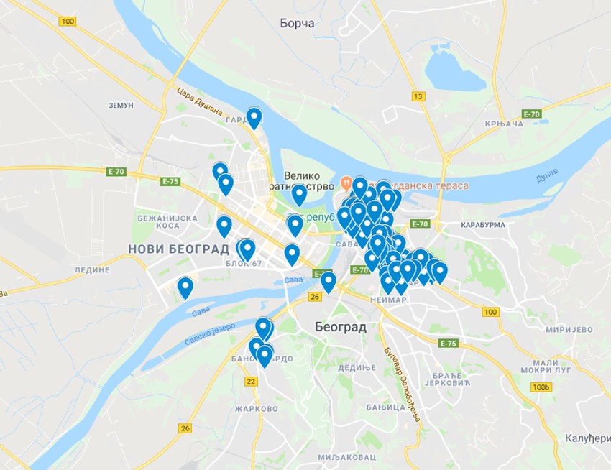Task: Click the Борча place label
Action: (x=297, y=24)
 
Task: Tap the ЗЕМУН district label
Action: (x=121, y=105)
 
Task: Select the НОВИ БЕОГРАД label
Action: (x=178, y=249)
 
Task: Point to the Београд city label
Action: (x=340, y=327)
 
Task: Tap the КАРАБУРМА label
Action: (x=482, y=225)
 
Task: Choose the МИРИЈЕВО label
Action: (x=567, y=330)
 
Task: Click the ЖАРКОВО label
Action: (x=256, y=409)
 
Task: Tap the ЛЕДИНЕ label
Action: (x=92, y=269)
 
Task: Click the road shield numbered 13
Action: (x=419, y=96)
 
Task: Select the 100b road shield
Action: (x=541, y=387)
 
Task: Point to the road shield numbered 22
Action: (x=251, y=381)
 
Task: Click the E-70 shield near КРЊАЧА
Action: (x=531, y=114)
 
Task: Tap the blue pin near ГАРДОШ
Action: (x=254, y=117)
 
